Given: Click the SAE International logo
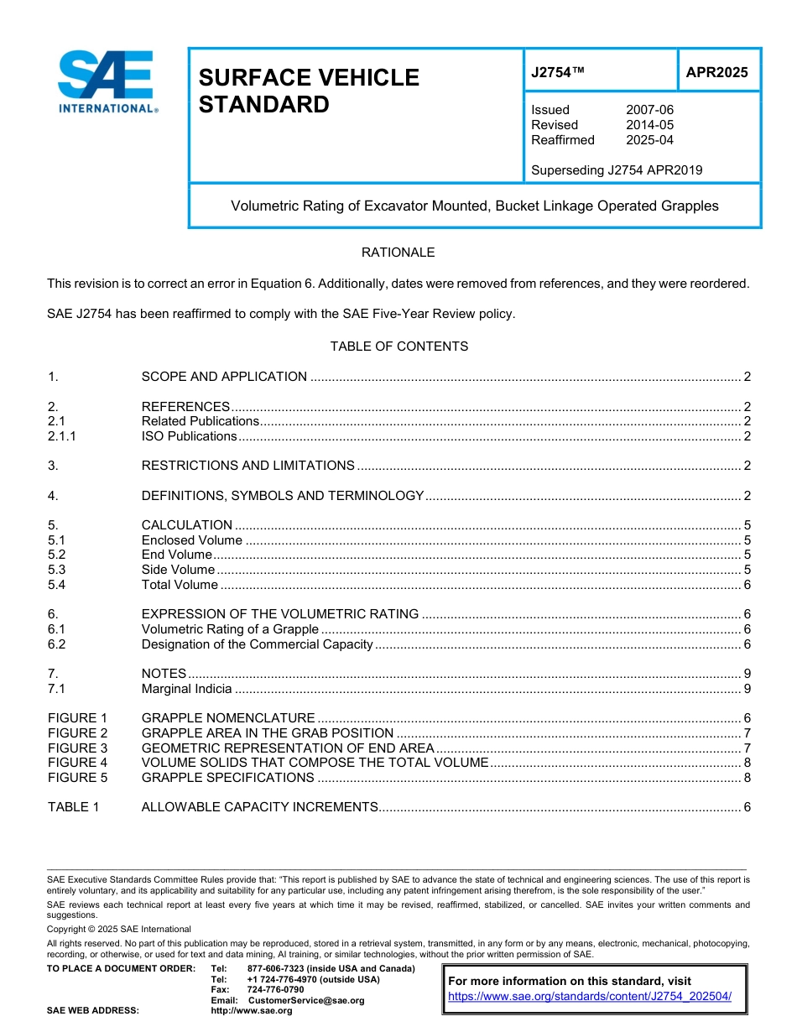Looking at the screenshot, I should point(107,81).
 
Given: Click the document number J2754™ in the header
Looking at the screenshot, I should point(558,72).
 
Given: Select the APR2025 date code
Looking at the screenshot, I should point(716,72).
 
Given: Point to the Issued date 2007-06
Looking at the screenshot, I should point(649,110).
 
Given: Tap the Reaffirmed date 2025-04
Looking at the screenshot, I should point(649,140).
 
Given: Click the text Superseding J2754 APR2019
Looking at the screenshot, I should point(617,170).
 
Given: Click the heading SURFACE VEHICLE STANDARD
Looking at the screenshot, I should point(308,91).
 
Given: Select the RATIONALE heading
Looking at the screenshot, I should point(398,253).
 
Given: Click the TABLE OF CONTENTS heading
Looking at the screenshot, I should point(398,347).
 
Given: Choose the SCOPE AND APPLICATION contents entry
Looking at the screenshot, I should point(224,377).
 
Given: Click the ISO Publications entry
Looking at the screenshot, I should point(190,436).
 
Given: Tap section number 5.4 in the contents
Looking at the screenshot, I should point(57,585).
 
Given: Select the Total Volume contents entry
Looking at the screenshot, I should point(180,585).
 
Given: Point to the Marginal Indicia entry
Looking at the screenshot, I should point(186,689).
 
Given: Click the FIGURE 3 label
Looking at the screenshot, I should point(78,748).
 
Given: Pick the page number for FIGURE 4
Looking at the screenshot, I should point(747,763).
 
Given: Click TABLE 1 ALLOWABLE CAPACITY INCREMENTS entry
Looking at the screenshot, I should point(260,807).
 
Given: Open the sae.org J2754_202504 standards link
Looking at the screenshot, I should point(590,997).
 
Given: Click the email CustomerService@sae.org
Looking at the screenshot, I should point(305,1000).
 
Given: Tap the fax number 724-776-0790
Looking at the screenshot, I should point(275,990).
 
